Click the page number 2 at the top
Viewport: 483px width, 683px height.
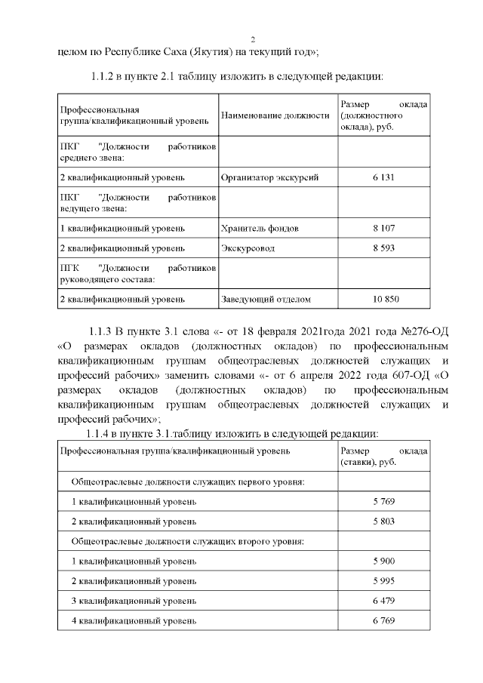coord(253,39)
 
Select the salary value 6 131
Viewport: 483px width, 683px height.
coord(383,177)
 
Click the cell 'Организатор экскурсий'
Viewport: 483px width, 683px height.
coord(269,177)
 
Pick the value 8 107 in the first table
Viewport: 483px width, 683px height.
coord(383,227)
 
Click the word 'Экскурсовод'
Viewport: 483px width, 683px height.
coord(248,248)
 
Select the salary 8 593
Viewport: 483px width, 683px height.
coord(383,248)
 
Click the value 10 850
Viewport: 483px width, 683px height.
coord(383,299)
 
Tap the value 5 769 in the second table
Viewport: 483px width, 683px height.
coord(383,501)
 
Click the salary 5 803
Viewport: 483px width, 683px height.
coord(383,521)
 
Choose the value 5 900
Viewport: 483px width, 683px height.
coord(383,561)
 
